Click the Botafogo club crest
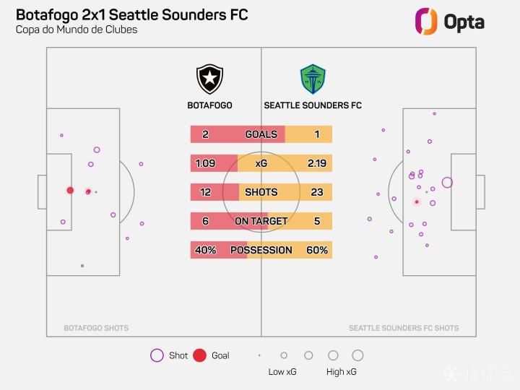point(209,79)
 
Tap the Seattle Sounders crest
point(313,79)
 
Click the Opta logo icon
point(426,21)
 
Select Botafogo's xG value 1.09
point(206,163)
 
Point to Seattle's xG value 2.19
point(316,163)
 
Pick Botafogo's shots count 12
point(206,192)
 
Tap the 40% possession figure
point(205,250)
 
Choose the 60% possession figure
point(317,250)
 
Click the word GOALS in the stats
point(261,134)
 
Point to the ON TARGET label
point(261,221)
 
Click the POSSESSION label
point(261,250)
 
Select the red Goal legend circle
point(200,355)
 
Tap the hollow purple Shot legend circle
point(157,355)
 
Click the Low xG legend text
point(282,372)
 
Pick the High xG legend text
point(341,372)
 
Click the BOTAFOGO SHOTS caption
point(96,328)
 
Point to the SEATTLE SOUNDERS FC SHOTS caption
point(404,328)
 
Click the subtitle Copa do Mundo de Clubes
point(77,30)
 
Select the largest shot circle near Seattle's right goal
point(447,183)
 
